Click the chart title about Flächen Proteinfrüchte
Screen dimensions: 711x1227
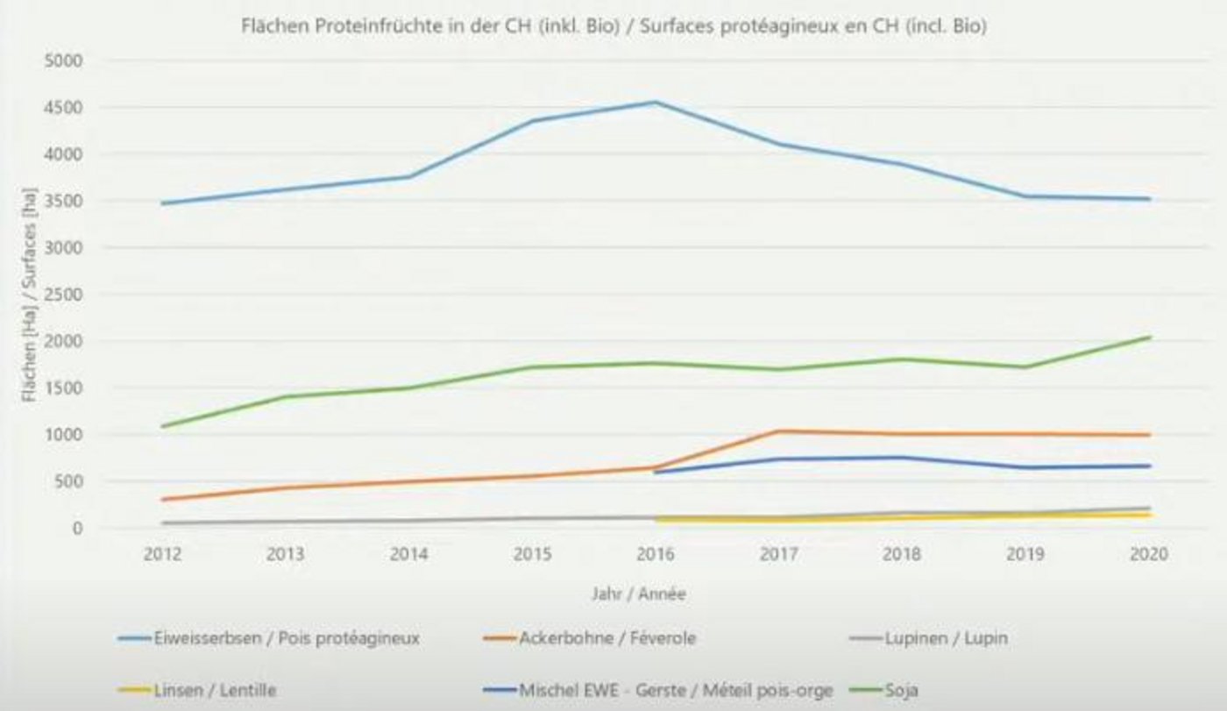tap(613, 27)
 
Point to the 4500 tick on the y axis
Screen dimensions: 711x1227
tap(67, 108)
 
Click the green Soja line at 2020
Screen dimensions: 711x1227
tap(1149, 338)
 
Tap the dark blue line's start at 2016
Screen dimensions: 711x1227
tap(656, 473)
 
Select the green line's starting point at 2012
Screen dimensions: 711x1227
tap(163, 427)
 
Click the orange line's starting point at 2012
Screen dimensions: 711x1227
tap(163, 500)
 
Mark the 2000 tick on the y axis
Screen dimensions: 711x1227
tap(67, 341)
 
